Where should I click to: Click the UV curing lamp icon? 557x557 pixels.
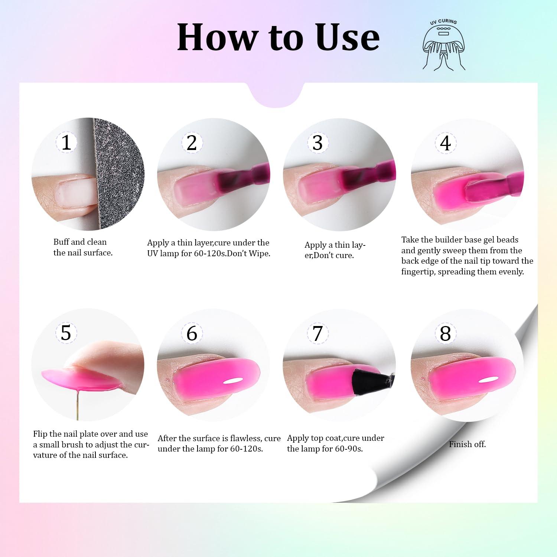pos(444,44)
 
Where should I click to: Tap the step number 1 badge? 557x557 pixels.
pos(66,142)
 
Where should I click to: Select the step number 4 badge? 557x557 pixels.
pos(445,143)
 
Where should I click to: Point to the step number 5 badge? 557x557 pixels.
pos(66,332)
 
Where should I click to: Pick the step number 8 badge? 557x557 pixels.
pos(445,333)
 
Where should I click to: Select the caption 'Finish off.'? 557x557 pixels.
pos(467,444)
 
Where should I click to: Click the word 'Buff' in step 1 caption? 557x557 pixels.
pos(61,242)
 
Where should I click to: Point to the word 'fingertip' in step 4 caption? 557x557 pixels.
pos(418,272)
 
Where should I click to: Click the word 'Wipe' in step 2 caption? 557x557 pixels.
pos(260,254)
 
